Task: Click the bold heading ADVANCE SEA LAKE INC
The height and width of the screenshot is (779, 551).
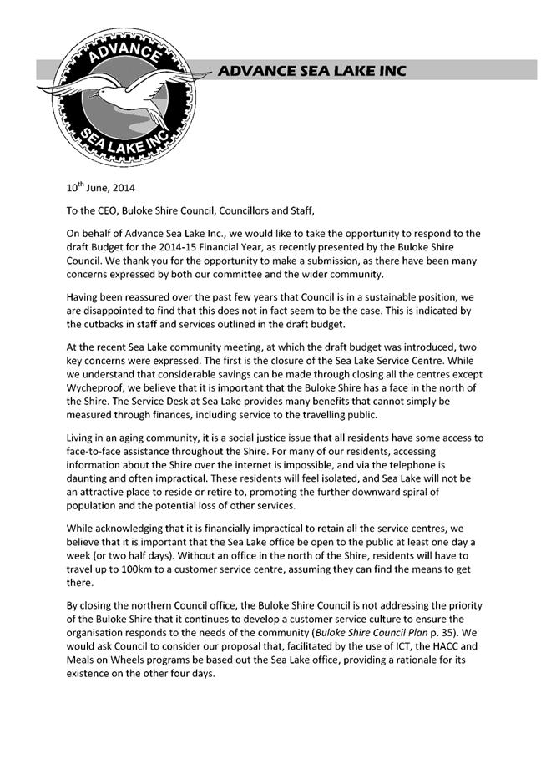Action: click(312, 72)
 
